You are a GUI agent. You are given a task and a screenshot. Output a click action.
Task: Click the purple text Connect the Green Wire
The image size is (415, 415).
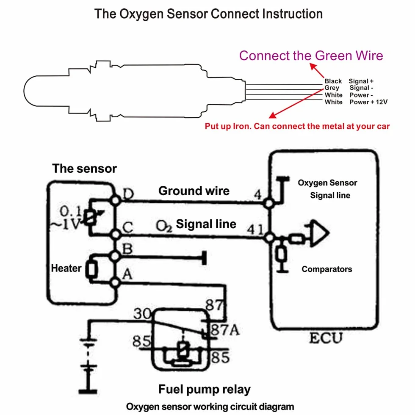(311, 55)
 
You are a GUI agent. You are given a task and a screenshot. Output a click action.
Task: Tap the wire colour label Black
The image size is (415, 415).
(333, 81)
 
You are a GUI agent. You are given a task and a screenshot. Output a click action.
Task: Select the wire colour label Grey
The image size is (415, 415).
(332, 88)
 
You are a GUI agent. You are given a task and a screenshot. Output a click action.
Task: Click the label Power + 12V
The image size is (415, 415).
(368, 102)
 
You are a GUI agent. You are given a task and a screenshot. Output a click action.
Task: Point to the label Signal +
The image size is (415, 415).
(361, 81)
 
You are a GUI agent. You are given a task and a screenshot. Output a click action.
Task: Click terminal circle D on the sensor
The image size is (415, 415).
(115, 200)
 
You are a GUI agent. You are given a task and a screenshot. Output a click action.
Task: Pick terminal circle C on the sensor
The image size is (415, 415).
(116, 234)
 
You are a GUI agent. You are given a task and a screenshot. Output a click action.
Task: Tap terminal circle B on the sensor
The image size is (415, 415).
(115, 256)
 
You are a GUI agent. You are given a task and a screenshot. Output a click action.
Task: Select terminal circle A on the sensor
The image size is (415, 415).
(115, 282)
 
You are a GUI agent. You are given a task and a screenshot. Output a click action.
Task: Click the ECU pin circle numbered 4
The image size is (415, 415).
(268, 204)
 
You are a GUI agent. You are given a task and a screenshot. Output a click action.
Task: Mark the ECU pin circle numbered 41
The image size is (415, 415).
(269, 238)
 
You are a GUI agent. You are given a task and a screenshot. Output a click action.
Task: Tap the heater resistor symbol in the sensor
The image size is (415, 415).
(91, 269)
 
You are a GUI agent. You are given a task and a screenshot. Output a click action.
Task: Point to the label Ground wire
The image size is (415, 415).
(194, 191)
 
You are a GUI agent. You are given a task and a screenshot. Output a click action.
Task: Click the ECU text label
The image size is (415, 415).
(326, 338)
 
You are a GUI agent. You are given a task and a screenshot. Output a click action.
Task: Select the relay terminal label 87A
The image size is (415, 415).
(225, 330)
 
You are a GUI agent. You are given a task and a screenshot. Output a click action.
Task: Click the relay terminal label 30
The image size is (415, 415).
(142, 314)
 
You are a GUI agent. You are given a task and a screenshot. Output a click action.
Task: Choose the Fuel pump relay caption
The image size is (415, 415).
(204, 389)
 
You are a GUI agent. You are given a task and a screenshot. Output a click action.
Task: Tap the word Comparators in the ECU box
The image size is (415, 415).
(327, 269)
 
